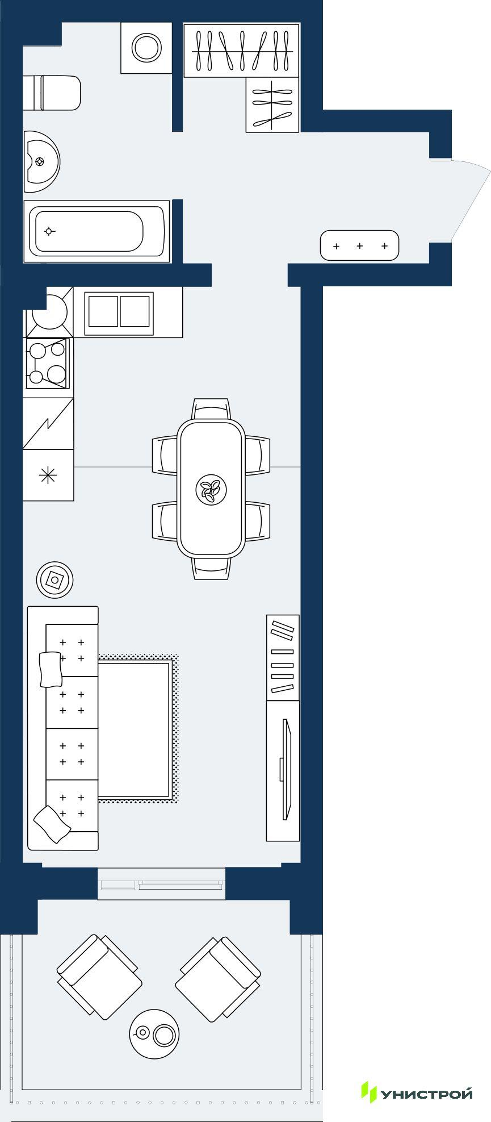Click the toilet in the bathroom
52,93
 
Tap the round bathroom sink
41,162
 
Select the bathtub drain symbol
50,231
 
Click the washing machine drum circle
146,47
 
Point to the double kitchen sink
119,313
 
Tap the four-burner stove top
47,364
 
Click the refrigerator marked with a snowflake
48,475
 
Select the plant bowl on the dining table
211,489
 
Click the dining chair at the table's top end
211,409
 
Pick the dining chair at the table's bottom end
211,568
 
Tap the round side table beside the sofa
55,580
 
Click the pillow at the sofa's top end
50,669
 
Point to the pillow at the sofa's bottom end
52,824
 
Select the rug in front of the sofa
138,729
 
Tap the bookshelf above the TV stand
283,657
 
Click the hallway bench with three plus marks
360,245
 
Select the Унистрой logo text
426,1093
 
